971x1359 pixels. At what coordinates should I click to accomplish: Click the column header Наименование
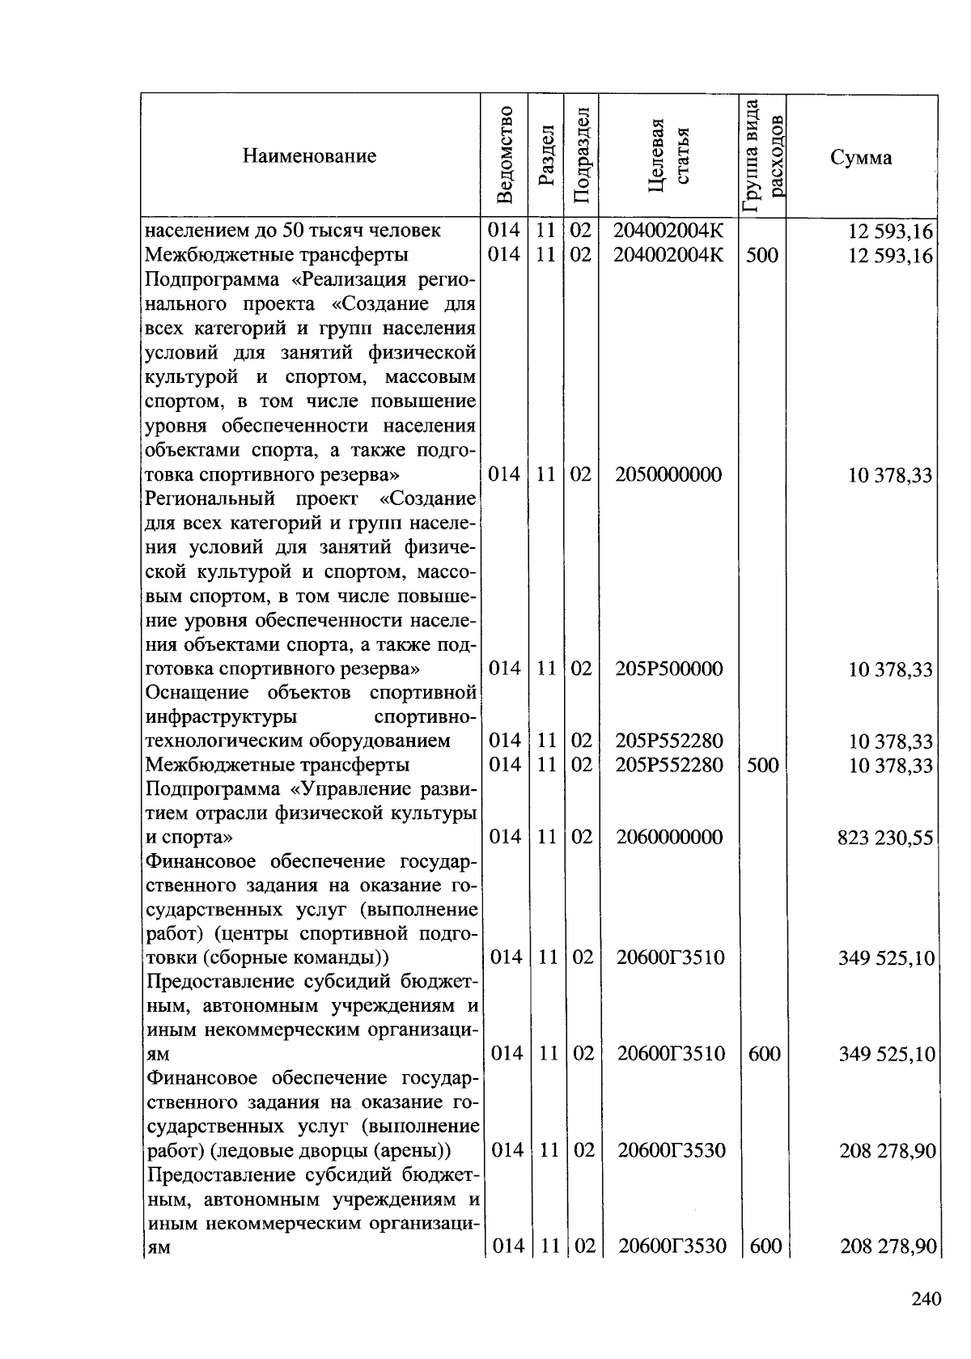pyautogui.click(x=309, y=156)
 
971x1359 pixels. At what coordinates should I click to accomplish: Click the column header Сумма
pyautogui.click(x=861, y=157)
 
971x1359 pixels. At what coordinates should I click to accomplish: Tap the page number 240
pyautogui.click(x=926, y=1299)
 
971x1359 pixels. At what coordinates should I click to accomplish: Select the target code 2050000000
pyautogui.click(x=668, y=474)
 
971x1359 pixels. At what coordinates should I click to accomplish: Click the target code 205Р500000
pyautogui.click(x=668, y=669)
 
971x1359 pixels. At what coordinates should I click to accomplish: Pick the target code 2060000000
pyautogui.click(x=668, y=837)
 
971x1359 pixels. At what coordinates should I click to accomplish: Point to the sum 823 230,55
pyautogui.click(x=885, y=838)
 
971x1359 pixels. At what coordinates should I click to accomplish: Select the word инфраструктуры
pyautogui.click(x=220, y=717)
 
